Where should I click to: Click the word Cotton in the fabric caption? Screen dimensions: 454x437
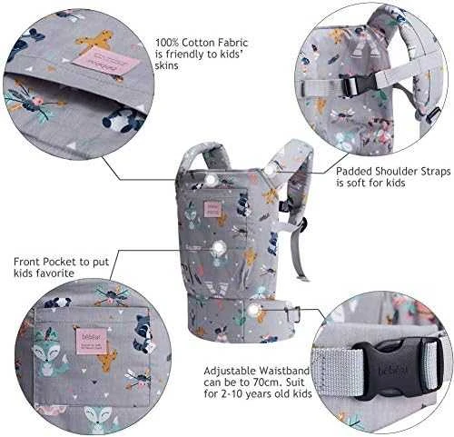point(199,43)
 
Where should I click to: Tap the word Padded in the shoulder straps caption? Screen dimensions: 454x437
point(354,172)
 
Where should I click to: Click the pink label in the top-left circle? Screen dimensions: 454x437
point(106,62)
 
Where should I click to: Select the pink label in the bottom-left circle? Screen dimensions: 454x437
point(86,339)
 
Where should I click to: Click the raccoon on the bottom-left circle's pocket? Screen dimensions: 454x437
point(143,333)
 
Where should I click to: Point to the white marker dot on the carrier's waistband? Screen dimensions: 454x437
point(253,310)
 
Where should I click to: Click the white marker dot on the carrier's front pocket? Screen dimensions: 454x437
point(218,248)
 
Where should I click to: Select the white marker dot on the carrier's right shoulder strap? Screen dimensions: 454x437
point(269,171)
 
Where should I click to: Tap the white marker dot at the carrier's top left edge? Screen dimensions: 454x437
point(211,181)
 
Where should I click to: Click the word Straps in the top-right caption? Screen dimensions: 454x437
point(432,172)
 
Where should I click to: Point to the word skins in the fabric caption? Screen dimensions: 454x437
point(167,65)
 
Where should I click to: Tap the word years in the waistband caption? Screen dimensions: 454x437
point(261,394)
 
